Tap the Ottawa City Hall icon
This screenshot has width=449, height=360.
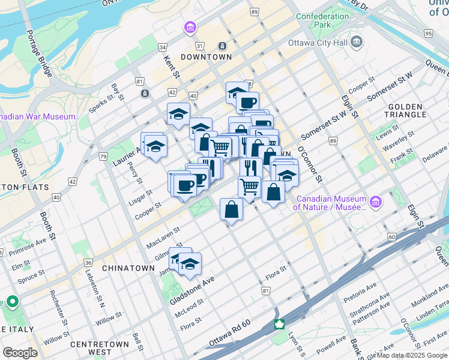(x=357, y=42)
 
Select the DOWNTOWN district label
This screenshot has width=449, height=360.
(x=206, y=57)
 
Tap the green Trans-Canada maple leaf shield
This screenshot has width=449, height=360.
(x=279, y=325)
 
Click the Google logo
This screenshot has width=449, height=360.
(x=20, y=352)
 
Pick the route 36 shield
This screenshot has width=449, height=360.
(x=88, y=263)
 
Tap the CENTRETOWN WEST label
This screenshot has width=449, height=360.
(x=100, y=348)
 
